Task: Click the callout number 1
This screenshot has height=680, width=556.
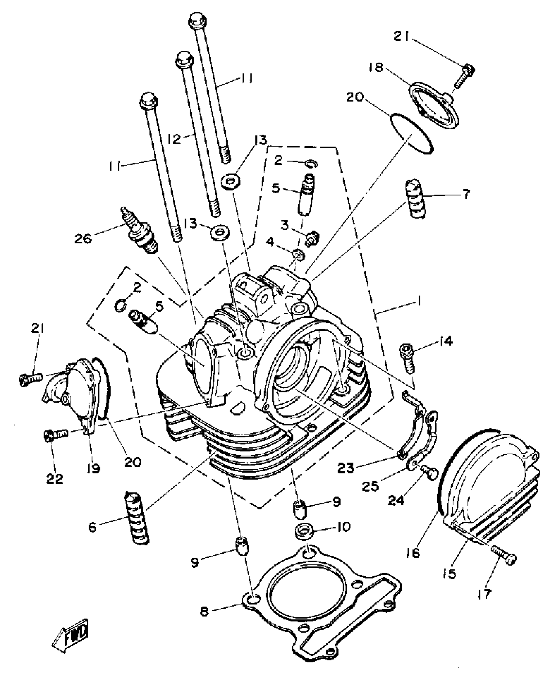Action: tap(419, 301)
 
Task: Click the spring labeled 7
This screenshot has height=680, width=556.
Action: tap(415, 199)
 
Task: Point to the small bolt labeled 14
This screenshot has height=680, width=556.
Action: tap(407, 358)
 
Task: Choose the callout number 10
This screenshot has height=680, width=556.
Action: tap(342, 527)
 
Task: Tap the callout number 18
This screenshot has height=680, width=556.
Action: tap(375, 68)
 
